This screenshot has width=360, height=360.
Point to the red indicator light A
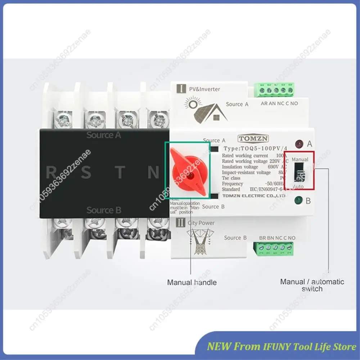(x=298, y=144)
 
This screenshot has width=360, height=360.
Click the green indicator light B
(x=298, y=201)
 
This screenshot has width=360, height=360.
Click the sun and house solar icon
(x=206, y=110)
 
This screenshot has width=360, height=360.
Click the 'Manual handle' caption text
(x=192, y=282)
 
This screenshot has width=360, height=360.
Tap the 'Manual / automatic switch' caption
(x=312, y=285)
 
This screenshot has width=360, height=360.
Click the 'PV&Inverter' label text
(x=204, y=89)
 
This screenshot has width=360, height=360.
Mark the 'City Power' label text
(x=201, y=223)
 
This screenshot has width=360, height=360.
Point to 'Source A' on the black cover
(x=104, y=135)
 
